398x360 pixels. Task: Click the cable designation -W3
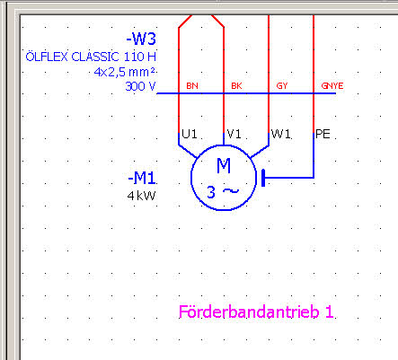click(x=141, y=40)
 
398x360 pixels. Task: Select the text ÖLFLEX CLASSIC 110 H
click(x=91, y=57)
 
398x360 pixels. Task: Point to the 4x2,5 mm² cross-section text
click(x=125, y=72)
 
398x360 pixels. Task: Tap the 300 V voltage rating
click(x=140, y=86)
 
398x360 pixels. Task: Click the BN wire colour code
click(x=192, y=86)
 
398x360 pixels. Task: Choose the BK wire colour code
click(x=236, y=86)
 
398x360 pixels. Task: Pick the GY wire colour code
click(x=282, y=86)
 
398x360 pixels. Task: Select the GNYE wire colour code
click(x=332, y=86)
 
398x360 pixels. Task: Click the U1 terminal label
click(x=190, y=134)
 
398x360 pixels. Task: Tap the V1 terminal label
click(x=234, y=134)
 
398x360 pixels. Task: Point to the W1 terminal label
click(x=280, y=134)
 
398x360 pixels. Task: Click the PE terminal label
click(x=323, y=134)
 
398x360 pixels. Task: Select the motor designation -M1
click(x=142, y=179)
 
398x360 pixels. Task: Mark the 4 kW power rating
click(x=141, y=196)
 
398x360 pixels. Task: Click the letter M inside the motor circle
click(x=224, y=166)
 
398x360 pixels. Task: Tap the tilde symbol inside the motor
click(x=232, y=190)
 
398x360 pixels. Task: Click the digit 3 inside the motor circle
click(x=211, y=192)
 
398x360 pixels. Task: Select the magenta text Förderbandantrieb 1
click(x=256, y=312)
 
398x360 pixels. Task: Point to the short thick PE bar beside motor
click(x=263, y=178)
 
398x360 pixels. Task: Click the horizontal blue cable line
click(x=246, y=93)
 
